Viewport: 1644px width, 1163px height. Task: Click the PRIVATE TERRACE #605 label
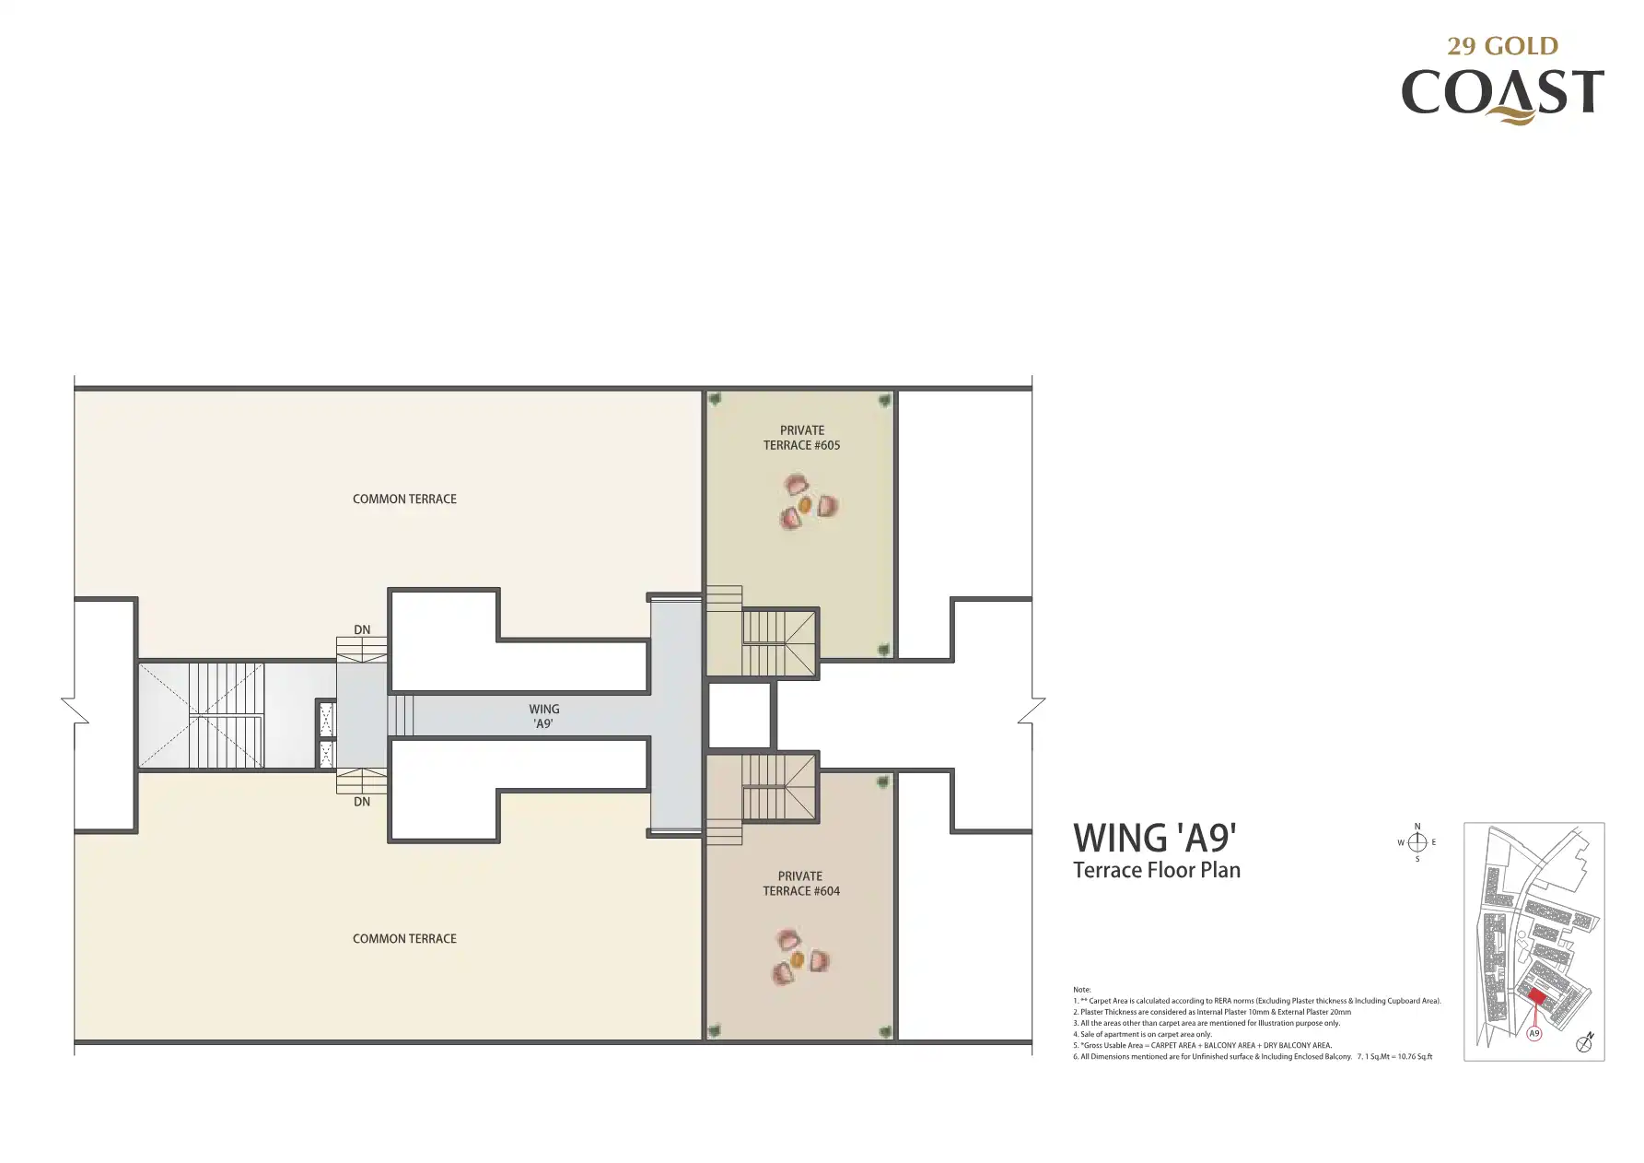[801, 438]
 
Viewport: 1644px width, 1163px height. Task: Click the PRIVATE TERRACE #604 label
[800, 884]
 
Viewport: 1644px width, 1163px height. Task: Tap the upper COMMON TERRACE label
[404, 499]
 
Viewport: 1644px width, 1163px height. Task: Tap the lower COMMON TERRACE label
[404, 938]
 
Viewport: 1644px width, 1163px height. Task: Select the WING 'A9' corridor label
[543, 716]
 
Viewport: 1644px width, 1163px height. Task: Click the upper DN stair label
[362, 630]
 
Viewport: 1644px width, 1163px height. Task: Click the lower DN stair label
[362, 802]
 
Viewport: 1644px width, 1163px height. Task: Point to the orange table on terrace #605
[805, 505]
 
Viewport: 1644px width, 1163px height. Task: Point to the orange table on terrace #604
[798, 960]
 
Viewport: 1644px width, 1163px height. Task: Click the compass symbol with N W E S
[1417, 842]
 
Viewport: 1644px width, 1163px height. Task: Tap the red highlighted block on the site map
[1536, 996]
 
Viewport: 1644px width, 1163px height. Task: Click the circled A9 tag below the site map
[1534, 1034]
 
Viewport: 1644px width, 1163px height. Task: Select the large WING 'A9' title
[1155, 838]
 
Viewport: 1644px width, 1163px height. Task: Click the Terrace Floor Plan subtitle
[1157, 870]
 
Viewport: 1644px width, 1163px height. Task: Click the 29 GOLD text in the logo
[1502, 46]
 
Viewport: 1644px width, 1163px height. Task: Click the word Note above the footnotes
[1081, 990]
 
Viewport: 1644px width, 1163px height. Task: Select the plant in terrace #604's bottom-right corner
[885, 1031]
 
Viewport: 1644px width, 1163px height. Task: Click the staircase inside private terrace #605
[779, 643]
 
